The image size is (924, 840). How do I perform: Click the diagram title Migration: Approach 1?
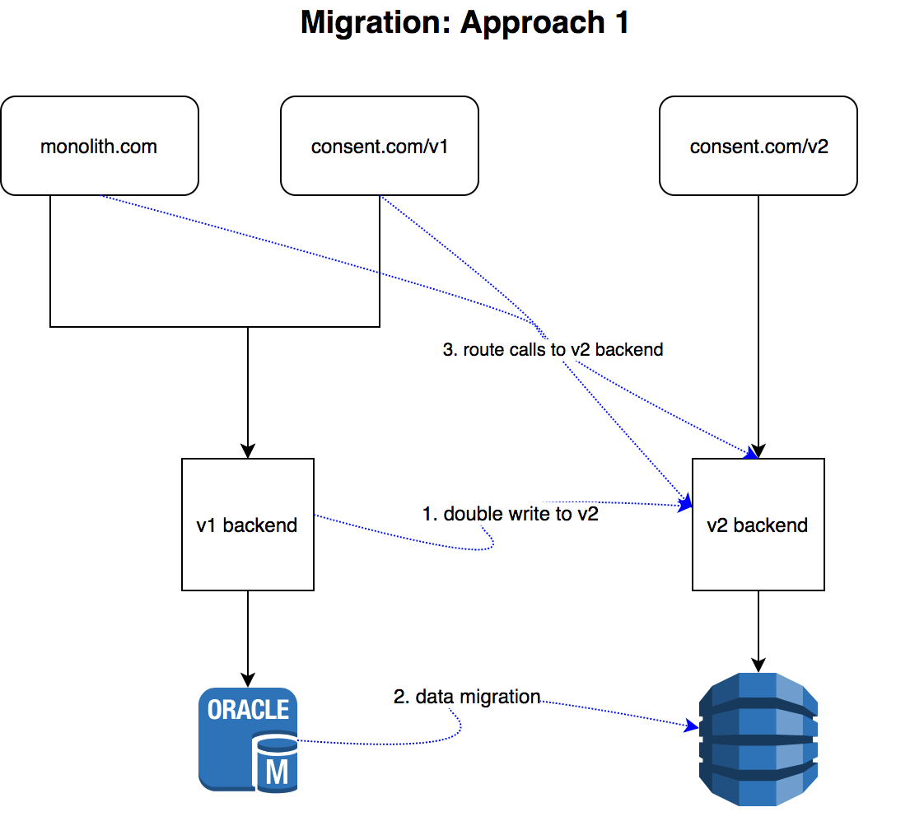pos(464,23)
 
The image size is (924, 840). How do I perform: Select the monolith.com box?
pos(100,146)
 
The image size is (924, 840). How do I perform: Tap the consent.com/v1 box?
pos(380,146)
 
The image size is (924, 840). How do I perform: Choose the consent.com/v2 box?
pos(758,146)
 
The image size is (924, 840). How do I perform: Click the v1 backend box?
pos(247,525)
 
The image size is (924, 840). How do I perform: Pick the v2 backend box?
pos(758,525)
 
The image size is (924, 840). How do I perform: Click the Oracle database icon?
pos(247,739)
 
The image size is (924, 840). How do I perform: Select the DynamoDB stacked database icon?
pos(758,739)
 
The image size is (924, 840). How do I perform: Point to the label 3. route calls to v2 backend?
pos(553,349)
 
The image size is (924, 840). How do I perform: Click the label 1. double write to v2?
pos(510,514)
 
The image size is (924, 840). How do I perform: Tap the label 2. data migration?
pos(467,697)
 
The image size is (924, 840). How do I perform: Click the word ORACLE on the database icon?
pos(247,709)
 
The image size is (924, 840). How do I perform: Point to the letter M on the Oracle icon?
pos(278,772)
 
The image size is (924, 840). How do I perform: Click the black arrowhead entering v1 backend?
pos(247,450)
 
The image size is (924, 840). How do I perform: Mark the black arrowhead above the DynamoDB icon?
pos(758,665)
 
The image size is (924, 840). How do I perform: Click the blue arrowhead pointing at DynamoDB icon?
pos(691,726)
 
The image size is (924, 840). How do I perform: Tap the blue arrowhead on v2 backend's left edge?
pos(684,503)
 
